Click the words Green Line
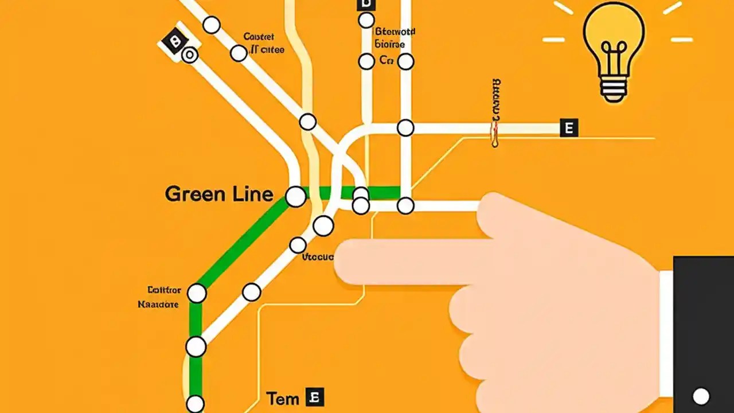218,194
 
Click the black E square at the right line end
569,128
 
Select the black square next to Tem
314,397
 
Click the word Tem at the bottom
283,398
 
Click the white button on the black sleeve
701,396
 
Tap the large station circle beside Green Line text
296,196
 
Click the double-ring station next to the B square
190,54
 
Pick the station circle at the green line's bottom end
196,404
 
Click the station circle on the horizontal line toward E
405,128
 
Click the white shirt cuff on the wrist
666,333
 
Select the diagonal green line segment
241,244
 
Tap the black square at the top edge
365,5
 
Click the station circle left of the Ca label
366,61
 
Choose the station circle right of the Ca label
405,61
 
